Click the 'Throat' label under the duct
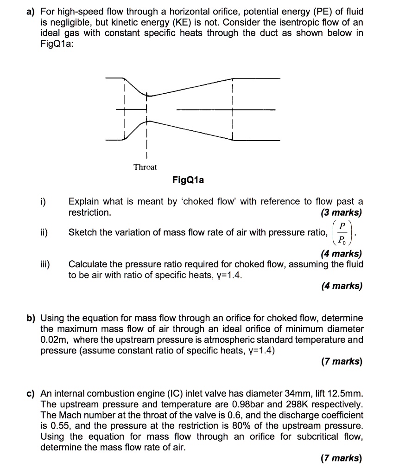[145, 167]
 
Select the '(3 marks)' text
[342, 213]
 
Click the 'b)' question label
[31, 318]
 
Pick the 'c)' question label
[31, 394]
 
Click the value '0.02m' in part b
[52, 340]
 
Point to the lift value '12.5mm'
[342, 394]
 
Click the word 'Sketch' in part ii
[82, 232]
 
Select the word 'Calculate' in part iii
[88, 264]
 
